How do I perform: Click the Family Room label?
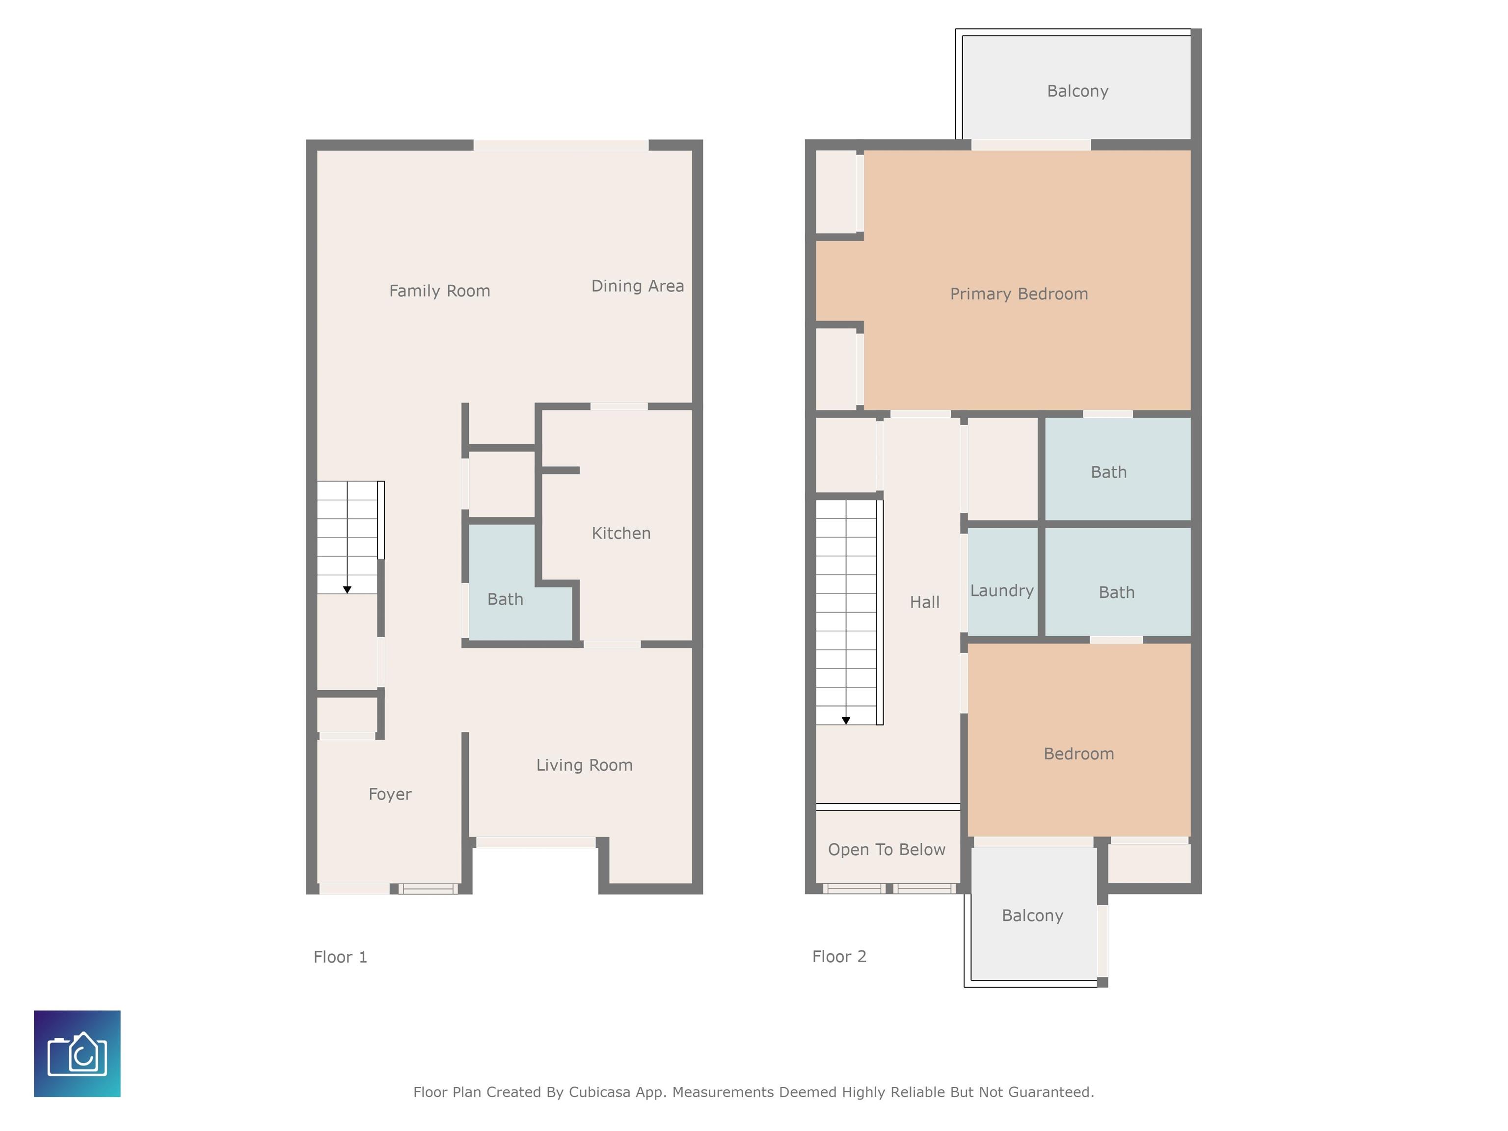pyautogui.click(x=440, y=291)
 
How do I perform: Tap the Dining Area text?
pyautogui.click(x=638, y=286)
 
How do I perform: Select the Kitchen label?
pyautogui.click(x=621, y=533)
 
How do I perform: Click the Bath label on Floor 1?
pyautogui.click(x=505, y=599)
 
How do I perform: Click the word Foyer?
pyautogui.click(x=390, y=795)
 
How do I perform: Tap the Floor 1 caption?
pyautogui.click(x=340, y=957)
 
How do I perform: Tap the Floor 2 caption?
pyautogui.click(x=839, y=956)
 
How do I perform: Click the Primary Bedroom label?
pyautogui.click(x=1019, y=295)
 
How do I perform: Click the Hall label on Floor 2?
pyautogui.click(x=924, y=602)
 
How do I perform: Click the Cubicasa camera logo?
pyautogui.click(x=77, y=1053)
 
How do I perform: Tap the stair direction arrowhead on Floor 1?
pyautogui.click(x=347, y=590)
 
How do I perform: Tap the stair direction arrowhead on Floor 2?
pyautogui.click(x=846, y=721)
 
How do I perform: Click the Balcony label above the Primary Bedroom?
pyautogui.click(x=1078, y=91)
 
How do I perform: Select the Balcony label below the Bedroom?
pyautogui.click(x=1033, y=916)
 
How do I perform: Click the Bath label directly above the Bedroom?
pyautogui.click(x=1117, y=592)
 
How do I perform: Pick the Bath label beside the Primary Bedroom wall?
pyautogui.click(x=1108, y=472)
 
